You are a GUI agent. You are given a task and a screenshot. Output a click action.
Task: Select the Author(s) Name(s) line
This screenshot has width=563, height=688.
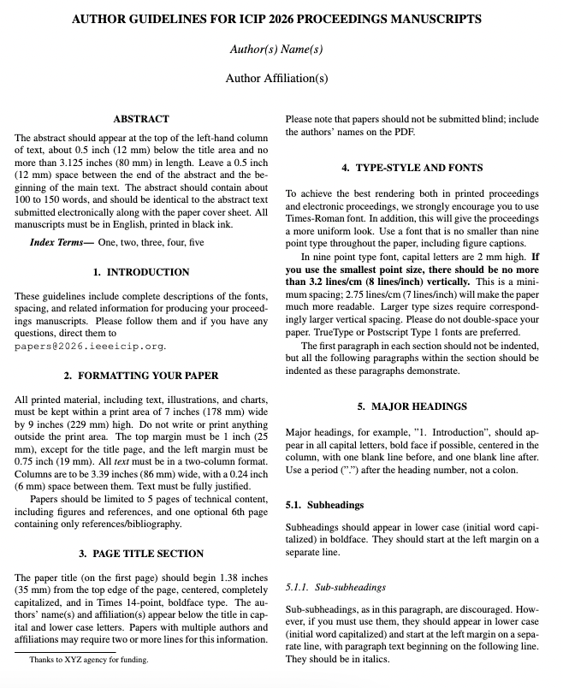click(276, 50)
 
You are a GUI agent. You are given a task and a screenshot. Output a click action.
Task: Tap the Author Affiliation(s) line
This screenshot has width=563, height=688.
click(276, 79)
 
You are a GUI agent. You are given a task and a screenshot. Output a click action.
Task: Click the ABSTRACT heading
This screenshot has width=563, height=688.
click(141, 119)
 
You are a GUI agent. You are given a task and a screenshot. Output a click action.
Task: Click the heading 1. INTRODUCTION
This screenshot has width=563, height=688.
click(141, 272)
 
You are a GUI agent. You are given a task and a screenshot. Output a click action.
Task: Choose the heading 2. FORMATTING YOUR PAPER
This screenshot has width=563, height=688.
click(141, 375)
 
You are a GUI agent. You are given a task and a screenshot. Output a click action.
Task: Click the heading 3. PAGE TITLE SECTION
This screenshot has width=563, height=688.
click(141, 554)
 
